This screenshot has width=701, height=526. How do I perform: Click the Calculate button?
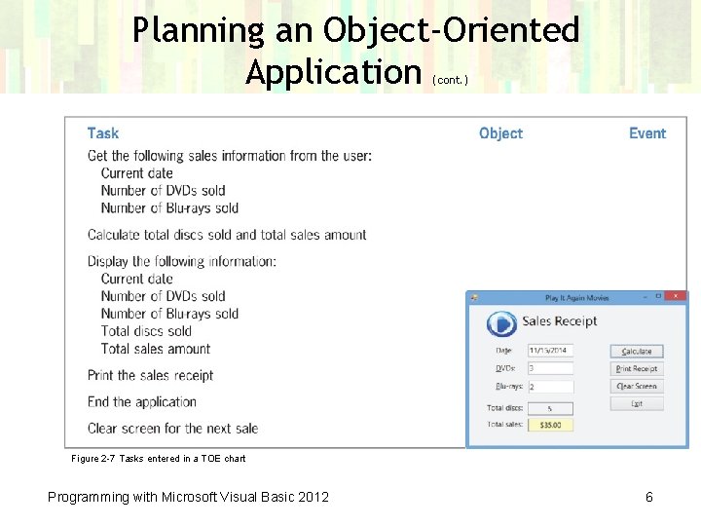coord(637,351)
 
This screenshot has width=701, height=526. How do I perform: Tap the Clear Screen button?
coord(637,386)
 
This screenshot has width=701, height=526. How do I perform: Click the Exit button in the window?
coord(637,403)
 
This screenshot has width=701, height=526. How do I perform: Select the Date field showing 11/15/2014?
coord(550,350)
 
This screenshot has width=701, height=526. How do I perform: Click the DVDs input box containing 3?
coord(550,368)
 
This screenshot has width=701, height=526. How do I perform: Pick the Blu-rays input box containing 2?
coord(550,387)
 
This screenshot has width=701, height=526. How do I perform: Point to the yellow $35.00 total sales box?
coord(550,425)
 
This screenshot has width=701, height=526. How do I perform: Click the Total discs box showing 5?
coord(550,408)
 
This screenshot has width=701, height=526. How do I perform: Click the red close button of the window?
coord(678,296)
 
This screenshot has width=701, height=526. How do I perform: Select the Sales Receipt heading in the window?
coord(559,321)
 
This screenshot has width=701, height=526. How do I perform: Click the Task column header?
coord(103,133)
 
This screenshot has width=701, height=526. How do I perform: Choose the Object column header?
coord(500,133)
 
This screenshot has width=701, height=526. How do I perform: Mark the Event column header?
coord(647,133)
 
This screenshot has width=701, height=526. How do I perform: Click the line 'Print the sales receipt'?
coord(150,375)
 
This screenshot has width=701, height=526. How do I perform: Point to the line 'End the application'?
coord(142,401)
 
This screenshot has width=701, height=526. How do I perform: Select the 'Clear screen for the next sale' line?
coord(172,428)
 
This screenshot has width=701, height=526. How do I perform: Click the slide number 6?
coord(649,497)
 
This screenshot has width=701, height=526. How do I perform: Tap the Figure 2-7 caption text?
coord(159,458)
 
